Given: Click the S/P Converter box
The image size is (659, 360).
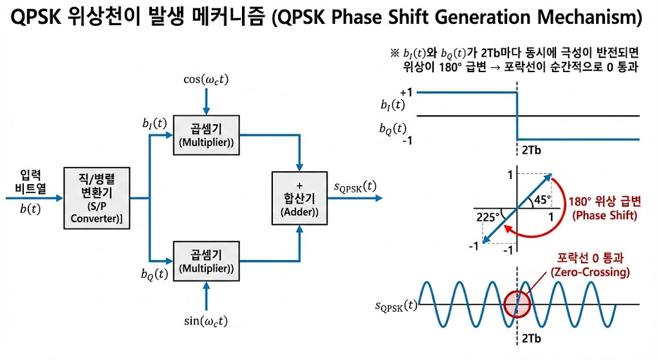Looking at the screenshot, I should coord(97,198).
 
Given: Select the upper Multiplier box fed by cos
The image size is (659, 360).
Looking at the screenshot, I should coord(206,136).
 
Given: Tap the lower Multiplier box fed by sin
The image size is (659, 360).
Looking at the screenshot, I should coord(206,261).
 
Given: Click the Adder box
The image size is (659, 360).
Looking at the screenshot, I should coord(299,198).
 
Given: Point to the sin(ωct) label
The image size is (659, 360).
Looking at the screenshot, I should coord(206,321).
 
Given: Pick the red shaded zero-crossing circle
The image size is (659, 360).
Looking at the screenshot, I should coord(518,303).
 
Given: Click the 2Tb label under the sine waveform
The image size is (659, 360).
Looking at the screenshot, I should coord(530,338).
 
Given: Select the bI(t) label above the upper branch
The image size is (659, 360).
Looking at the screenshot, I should coord(154,122).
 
